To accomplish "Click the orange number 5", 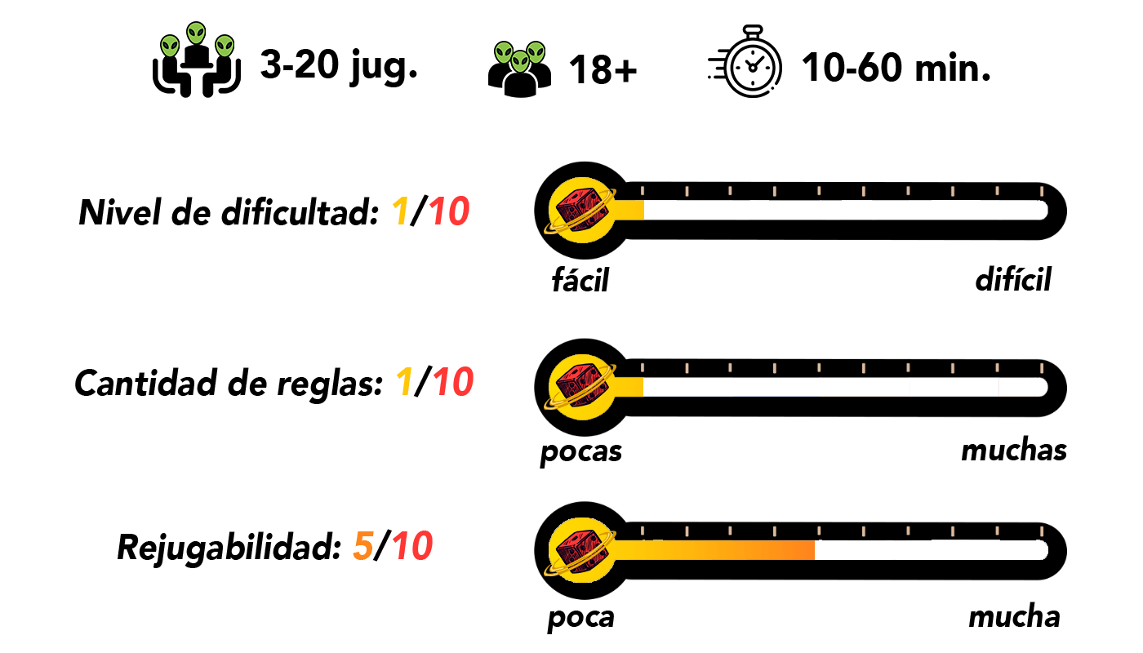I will click(362, 547).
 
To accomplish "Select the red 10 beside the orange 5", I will click(412, 547).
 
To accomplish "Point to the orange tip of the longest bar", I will click(808, 550).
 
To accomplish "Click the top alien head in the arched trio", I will click(196, 33).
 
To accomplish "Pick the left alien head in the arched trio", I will click(170, 46).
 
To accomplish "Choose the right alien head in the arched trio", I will click(225, 46).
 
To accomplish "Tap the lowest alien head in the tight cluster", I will click(520, 61).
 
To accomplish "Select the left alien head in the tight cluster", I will click(505, 53).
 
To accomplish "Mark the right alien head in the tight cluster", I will click(536, 52).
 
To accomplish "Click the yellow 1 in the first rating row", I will click(400, 212).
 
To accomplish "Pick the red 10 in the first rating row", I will click(449, 212).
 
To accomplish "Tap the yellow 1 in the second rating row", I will click(404, 382).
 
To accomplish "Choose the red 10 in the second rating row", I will click(453, 382).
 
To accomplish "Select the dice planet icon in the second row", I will click(580, 382).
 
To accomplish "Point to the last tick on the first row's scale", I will click(1041, 191).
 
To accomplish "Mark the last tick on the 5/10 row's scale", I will click(1041, 531).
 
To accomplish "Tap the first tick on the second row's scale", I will click(643, 367).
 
